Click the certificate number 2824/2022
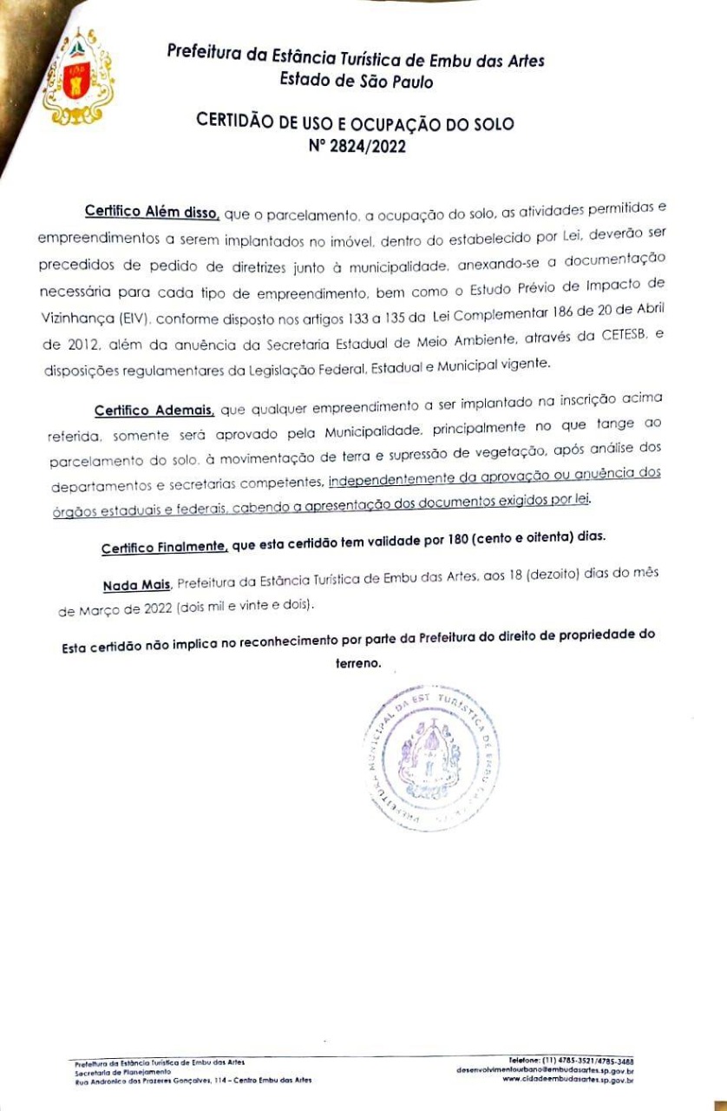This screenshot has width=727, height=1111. tap(357, 147)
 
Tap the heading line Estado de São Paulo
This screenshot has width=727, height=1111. tap(357, 82)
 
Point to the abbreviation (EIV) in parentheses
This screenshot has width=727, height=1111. tap(129, 319)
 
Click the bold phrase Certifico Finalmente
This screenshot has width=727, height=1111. tap(165, 548)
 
